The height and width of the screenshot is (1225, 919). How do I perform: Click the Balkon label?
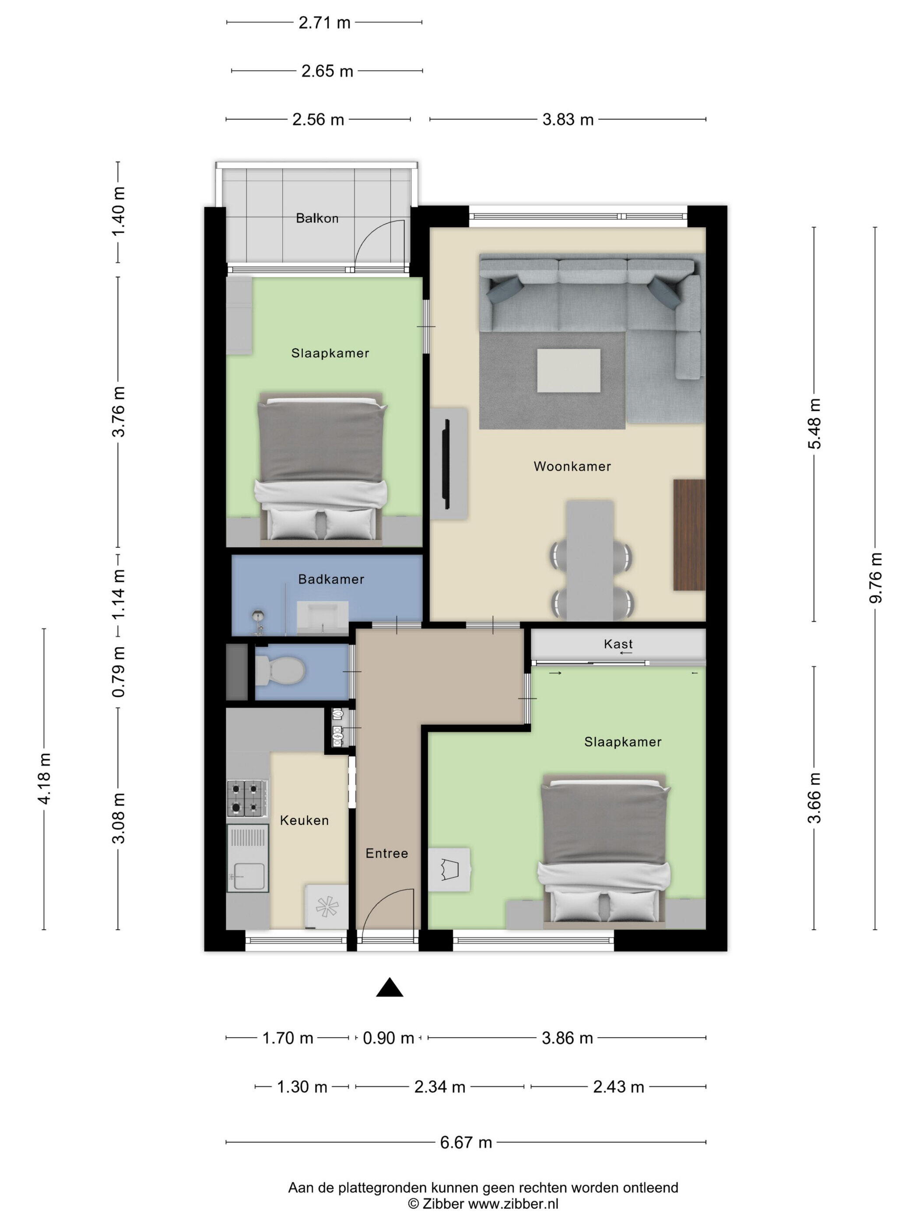[x=317, y=218]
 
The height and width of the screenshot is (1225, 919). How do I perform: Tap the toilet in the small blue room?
[x=280, y=671]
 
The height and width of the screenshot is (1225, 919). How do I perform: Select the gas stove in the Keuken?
[x=247, y=798]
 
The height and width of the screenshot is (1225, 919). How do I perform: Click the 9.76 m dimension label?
[x=875, y=577]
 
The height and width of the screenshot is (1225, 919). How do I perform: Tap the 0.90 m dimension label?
[x=388, y=1038]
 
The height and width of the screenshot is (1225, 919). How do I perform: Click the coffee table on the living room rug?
[x=568, y=371]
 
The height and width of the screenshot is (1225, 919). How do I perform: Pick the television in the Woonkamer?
[x=446, y=463]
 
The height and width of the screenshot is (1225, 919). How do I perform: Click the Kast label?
[x=618, y=644]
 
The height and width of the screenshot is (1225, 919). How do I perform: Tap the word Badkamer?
[x=331, y=579]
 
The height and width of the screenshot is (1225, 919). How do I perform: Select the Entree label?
[x=387, y=854]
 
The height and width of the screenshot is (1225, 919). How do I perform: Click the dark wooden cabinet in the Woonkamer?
[x=689, y=535]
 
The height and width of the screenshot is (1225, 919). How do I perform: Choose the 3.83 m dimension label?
[x=568, y=119]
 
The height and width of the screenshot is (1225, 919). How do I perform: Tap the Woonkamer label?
[x=572, y=466]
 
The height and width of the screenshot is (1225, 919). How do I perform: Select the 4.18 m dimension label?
[x=44, y=778]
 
